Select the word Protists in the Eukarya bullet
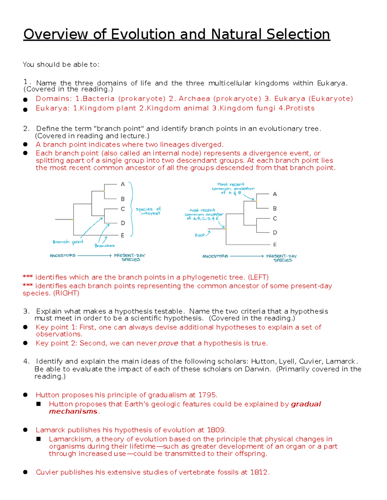(300, 108)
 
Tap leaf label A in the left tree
(123, 184)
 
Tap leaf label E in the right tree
(275, 245)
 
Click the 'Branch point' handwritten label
(68, 242)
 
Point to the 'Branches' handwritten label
(104, 246)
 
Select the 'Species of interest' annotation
(148, 211)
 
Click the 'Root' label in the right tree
(200, 235)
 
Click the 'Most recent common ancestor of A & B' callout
(233, 189)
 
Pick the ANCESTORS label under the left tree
(63, 256)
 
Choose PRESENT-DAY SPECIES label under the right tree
(282, 258)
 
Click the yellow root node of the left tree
(74, 219)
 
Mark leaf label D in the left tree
(123, 223)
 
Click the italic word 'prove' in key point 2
(168, 343)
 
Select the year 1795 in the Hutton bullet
(207, 395)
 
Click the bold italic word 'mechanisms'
(73, 411)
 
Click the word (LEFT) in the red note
(258, 277)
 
